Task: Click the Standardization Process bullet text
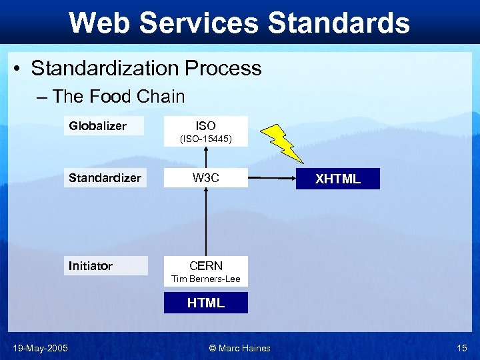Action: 146,68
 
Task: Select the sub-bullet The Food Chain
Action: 119,97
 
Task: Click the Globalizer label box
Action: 103,126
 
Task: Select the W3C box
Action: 205,178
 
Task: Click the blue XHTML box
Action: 338,179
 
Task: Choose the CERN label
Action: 205,265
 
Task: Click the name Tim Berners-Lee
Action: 205,279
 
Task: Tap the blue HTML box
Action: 205,303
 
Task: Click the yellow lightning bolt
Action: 283,142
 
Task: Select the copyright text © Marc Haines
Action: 239,347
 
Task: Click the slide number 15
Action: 462,347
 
